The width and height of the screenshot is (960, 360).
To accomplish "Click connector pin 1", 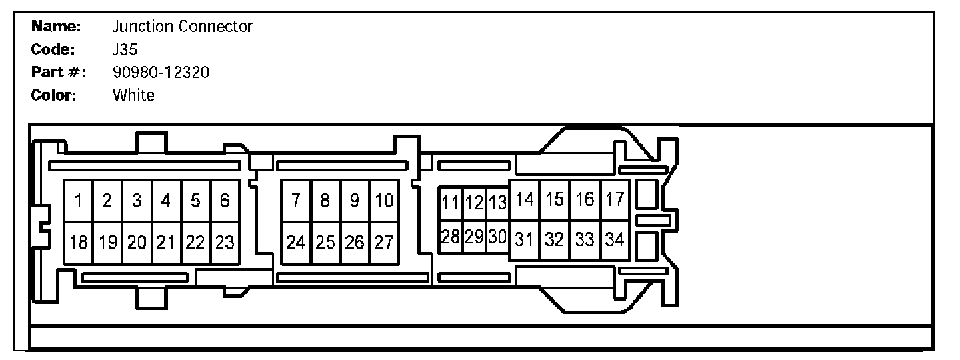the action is [x=78, y=201].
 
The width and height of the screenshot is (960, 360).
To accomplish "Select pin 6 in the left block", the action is [x=225, y=201].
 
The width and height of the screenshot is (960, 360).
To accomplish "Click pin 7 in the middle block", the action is [x=296, y=201].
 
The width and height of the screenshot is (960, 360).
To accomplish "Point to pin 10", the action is [x=385, y=201].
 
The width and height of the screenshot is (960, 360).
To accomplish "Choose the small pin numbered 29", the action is [x=474, y=237].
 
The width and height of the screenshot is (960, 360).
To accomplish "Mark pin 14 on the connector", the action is [x=525, y=199].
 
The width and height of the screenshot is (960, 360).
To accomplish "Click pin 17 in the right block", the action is [x=615, y=199].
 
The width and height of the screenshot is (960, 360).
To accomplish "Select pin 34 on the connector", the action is [x=615, y=239].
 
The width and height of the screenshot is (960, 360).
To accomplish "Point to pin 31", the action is [x=525, y=239].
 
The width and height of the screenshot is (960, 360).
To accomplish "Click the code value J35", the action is [x=125, y=49].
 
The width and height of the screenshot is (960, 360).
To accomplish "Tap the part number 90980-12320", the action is [x=161, y=72].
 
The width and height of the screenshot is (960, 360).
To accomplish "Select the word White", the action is [x=133, y=95].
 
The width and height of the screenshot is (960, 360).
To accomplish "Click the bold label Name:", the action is [x=56, y=27].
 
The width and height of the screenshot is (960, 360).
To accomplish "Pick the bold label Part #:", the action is [x=59, y=72].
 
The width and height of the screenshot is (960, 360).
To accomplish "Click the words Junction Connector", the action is [x=183, y=27].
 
